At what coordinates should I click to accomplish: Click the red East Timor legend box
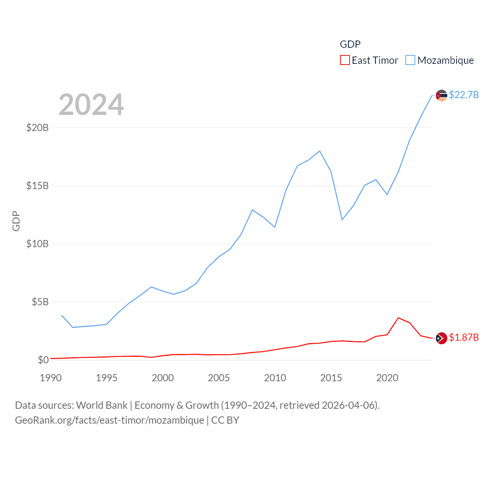[x=345, y=60]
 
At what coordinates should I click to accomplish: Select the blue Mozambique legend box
[x=410, y=60]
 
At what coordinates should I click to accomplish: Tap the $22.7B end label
[x=464, y=95]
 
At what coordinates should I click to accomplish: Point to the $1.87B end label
[x=464, y=337]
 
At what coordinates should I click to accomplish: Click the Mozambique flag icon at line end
[x=441, y=95]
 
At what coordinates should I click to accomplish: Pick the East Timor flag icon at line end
[x=441, y=338]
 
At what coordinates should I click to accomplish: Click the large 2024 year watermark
[x=91, y=104]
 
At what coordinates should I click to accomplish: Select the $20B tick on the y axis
[x=37, y=128]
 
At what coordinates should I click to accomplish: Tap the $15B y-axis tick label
[x=37, y=186]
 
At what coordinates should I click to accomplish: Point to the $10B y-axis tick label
[x=37, y=244]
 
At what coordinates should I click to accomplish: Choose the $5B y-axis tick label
[x=40, y=302]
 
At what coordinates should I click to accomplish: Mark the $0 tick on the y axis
[x=43, y=360]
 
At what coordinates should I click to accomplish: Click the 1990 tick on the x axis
[x=51, y=378]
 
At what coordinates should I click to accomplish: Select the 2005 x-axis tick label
[x=219, y=378]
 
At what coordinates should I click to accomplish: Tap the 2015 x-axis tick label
[x=331, y=378]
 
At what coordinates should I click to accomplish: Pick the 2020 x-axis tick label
[x=387, y=378]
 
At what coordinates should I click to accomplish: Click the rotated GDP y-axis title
[x=16, y=221]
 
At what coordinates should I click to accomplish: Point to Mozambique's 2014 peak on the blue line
[x=320, y=151]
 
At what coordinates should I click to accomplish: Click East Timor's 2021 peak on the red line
[x=398, y=318]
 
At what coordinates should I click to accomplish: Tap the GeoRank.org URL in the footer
[x=110, y=420]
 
